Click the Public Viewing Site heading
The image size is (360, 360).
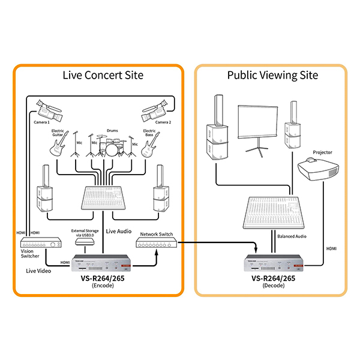point(272,76)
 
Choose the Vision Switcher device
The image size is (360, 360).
point(41,243)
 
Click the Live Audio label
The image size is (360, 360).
point(119,230)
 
